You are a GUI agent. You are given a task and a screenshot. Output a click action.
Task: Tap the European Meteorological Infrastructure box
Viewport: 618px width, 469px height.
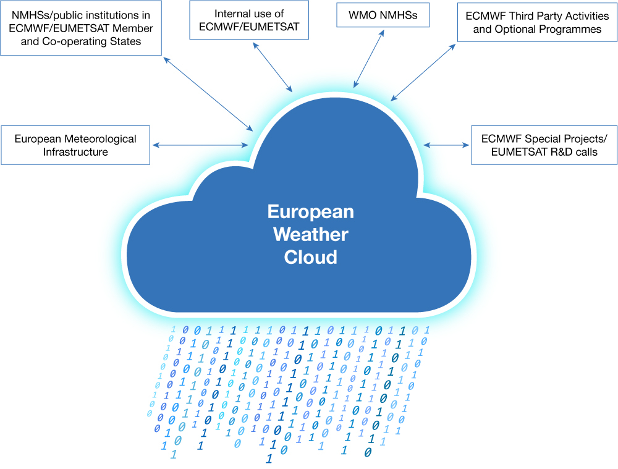[75, 145]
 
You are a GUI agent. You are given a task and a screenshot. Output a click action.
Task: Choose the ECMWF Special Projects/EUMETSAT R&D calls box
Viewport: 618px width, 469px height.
[544, 145]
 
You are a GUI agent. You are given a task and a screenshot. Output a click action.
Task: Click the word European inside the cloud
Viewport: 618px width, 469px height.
[310, 212]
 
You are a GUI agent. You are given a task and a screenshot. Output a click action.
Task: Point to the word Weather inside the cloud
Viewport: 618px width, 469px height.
[310, 235]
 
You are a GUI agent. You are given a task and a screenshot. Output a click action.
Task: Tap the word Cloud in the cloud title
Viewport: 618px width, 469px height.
[310, 257]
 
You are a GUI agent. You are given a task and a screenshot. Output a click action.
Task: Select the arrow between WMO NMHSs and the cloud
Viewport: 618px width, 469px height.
[369, 57]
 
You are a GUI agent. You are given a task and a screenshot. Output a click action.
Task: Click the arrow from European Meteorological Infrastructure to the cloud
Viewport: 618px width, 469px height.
[200, 145]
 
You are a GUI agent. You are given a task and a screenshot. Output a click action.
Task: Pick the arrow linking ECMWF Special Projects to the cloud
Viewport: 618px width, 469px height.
[446, 145]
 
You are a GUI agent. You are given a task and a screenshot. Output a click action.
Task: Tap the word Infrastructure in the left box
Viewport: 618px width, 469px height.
[75, 152]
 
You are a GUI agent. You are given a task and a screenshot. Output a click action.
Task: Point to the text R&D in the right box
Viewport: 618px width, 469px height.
[556, 152]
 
